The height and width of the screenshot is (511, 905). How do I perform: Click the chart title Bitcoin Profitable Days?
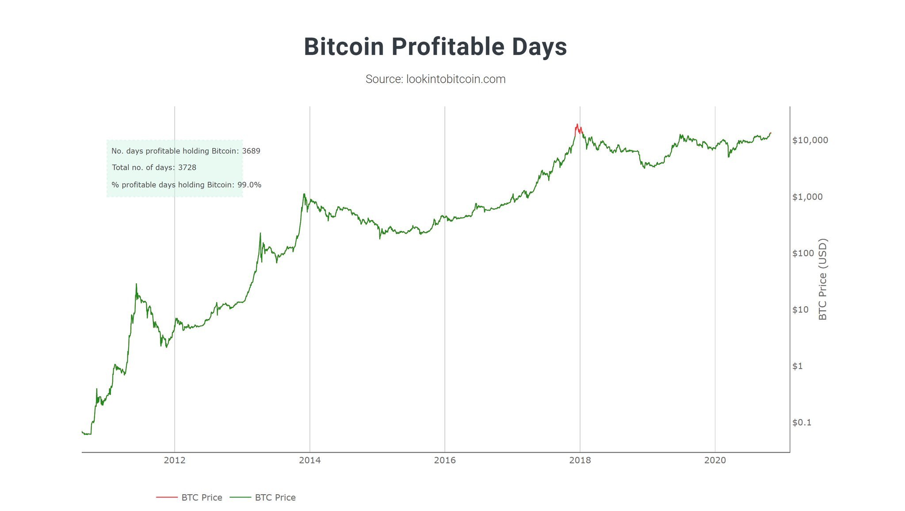(x=435, y=47)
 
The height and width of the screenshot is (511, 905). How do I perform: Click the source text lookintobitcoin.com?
(x=435, y=79)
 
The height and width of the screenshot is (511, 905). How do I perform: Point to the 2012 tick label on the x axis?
(x=175, y=461)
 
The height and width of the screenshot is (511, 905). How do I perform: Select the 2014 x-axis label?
(x=310, y=461)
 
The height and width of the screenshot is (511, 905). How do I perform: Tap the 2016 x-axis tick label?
(x=445, y=461)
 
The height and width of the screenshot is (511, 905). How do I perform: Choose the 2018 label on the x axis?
(x=580, y=461)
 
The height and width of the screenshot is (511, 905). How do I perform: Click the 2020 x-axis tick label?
(x=715, y=461)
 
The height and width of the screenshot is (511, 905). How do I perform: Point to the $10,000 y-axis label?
(x=810, y=140)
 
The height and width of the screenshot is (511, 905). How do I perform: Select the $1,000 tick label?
(x=807, y=197)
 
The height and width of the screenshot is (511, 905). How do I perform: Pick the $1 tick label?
(x=798, y=366)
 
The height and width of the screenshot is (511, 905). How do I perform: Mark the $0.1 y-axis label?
(x=802, y=423)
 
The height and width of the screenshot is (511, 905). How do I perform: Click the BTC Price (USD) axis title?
(x=822, y=279)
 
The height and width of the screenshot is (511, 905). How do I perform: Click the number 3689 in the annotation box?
(x=251, y=151)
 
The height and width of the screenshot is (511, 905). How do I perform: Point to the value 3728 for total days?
(x=187, y=168)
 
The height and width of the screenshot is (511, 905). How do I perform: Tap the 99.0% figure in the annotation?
(x=249, y=185)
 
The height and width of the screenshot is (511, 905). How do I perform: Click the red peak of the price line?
(x=577, y=125)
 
